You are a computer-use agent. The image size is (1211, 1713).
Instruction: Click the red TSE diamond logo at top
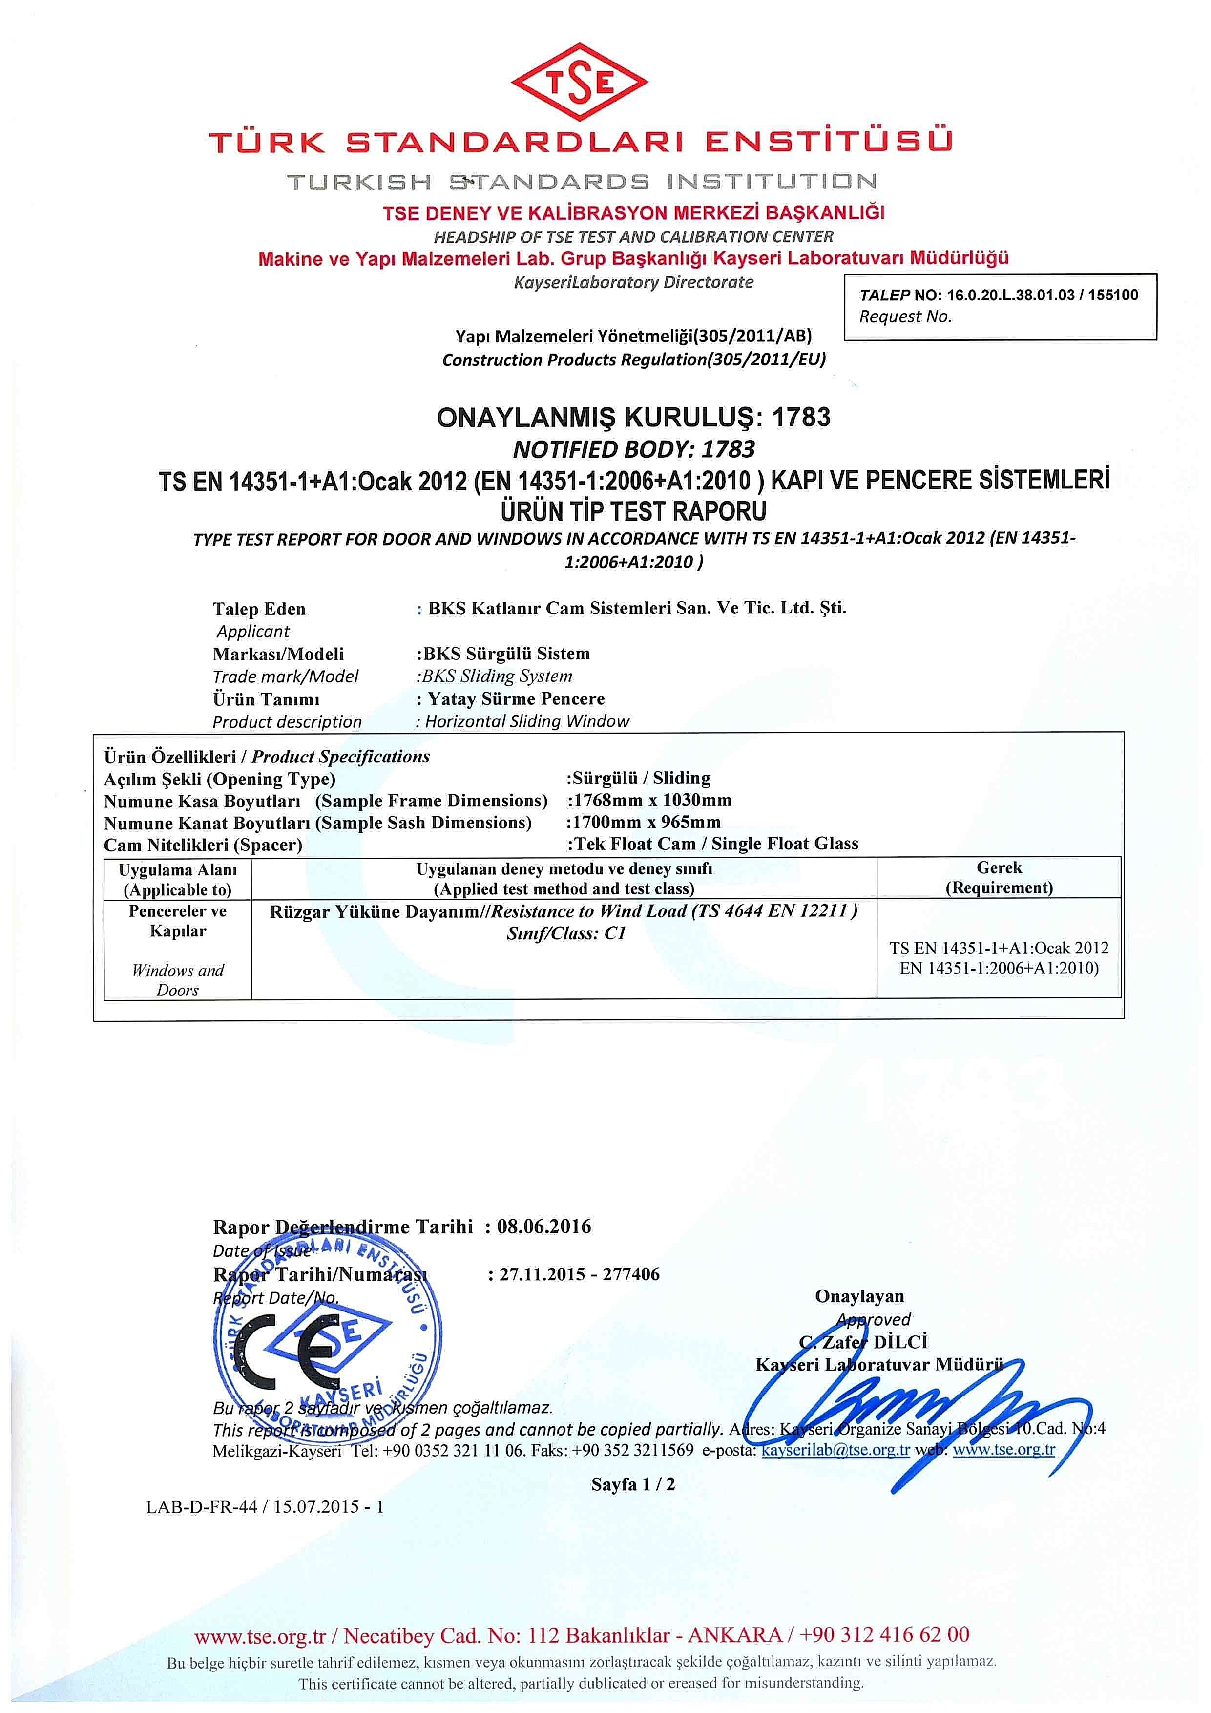579,82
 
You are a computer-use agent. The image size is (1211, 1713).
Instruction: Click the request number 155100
1112,295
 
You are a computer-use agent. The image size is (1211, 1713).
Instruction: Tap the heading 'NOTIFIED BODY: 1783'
633,449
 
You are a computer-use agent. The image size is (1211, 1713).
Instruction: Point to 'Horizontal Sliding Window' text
526,721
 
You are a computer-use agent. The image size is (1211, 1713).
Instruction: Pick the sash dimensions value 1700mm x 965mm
644,822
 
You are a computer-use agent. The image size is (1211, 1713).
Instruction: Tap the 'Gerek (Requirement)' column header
999,877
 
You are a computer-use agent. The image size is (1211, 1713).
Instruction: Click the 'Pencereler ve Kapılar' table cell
177,921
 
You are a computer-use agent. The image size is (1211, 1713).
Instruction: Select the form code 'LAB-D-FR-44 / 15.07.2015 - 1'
265,1506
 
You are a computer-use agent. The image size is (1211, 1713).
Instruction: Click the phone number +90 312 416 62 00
884,1635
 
